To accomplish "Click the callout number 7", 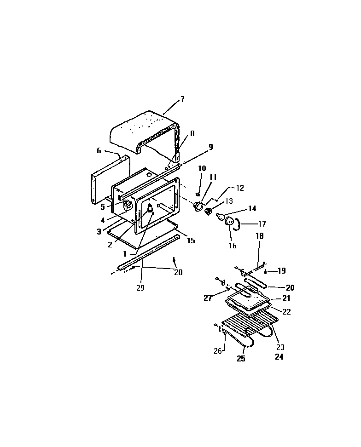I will coord(182,99).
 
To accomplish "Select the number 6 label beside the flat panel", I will coord(98,151).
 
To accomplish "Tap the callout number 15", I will coord(191,241).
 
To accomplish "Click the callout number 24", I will coord(279,357).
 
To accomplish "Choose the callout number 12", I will coord(240,188).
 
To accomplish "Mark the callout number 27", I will coord(208,298).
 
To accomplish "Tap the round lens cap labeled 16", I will coord(229,223).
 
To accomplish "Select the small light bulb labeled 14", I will coord(220,215).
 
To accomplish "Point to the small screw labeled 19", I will coord(267,272).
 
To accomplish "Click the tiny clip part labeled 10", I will coord(198,195).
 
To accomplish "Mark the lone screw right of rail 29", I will coord(175,261).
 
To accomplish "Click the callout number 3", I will coord(99,232).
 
